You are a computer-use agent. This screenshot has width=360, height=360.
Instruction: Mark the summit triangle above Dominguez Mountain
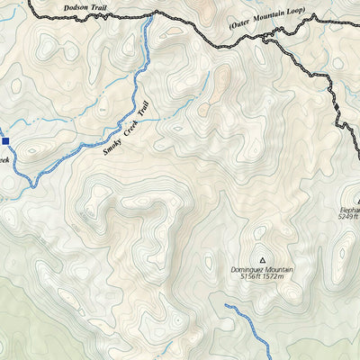pos(262,256)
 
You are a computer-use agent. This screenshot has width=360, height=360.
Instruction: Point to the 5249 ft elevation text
pos(348,217)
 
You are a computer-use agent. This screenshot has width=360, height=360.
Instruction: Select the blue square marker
pos(4,140)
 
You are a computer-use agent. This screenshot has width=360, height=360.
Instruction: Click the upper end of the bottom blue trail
pos(226,307)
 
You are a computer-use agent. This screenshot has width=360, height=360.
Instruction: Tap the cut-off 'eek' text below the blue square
pos(4,160)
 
